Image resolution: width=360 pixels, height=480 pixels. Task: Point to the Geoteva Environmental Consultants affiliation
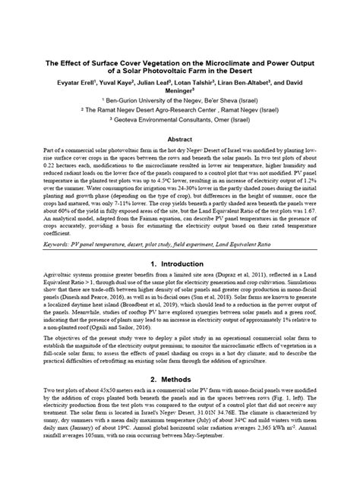(179, 122)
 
